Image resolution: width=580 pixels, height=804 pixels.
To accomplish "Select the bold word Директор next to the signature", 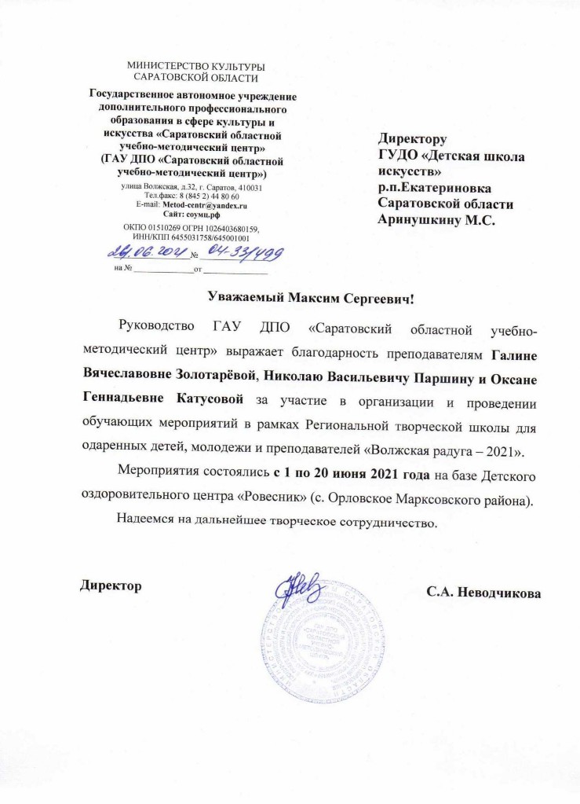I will pyautogui.click(x=111, y=586).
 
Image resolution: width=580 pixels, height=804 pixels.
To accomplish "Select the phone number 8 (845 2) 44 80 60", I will pyautogui.click(x=209, y=196).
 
